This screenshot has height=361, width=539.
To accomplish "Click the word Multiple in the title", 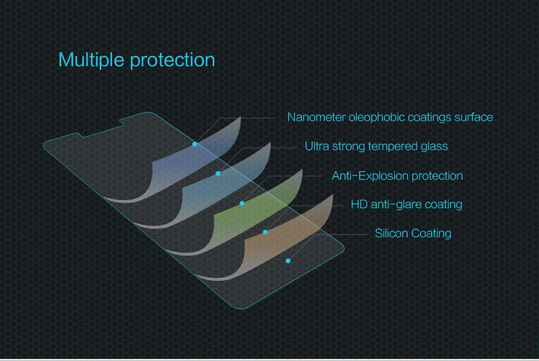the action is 91,60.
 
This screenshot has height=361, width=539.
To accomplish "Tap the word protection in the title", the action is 172,61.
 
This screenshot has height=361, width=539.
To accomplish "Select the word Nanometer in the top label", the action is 316,117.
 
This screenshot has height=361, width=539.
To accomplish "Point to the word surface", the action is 474,117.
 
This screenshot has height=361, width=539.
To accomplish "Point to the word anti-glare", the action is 396,205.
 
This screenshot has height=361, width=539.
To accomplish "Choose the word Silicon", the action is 392,233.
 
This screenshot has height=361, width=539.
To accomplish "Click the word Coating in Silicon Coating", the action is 431,234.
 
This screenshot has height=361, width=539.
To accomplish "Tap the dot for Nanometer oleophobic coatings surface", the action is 195,144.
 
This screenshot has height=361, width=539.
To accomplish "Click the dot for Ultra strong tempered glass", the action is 218,174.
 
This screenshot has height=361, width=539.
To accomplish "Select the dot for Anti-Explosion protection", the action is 242,203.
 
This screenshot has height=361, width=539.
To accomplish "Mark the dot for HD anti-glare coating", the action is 265,232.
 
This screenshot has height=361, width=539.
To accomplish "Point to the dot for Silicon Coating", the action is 288,261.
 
